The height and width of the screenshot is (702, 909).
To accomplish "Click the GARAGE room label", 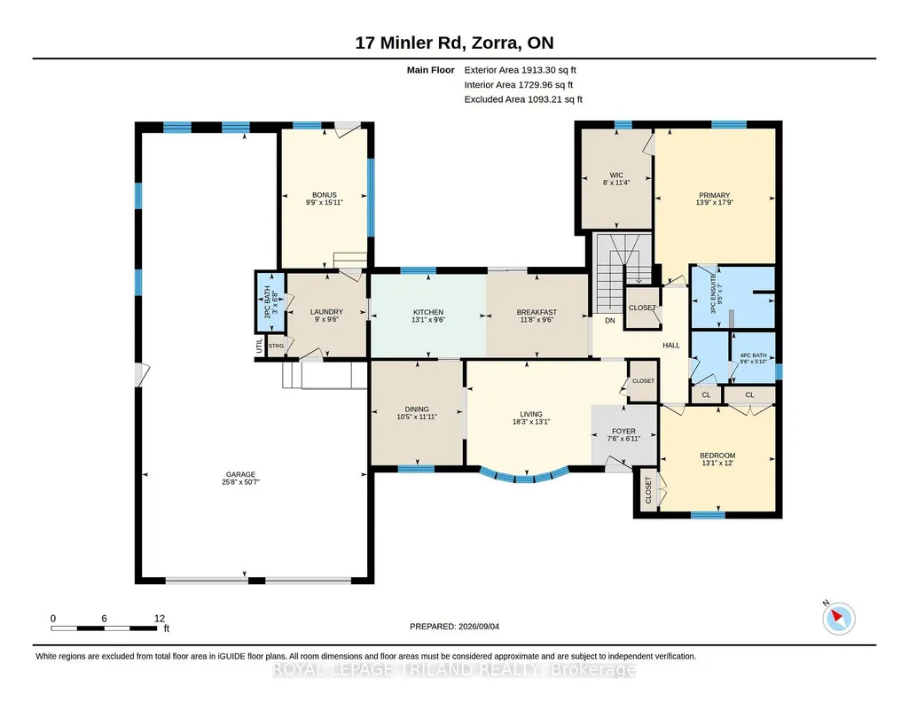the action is pos(240,474).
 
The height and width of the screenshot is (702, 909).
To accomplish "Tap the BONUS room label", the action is pos(324,195).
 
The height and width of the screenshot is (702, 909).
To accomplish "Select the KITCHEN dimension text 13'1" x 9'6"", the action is pos(428,320).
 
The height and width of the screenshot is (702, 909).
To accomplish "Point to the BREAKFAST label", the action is pos(537,312).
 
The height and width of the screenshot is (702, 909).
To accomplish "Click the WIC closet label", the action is pos(616,175).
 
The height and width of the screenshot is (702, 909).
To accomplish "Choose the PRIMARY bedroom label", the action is pos(714,195).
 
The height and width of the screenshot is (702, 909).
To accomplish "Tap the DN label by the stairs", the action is pos(610,320).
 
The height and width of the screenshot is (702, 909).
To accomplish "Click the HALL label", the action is pos(671,345).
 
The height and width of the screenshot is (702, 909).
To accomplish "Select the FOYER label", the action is pos(623,431).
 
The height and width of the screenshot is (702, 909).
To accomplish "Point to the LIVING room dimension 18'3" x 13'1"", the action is pos(531,422).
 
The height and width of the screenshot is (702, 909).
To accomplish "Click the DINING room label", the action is pos(417,409).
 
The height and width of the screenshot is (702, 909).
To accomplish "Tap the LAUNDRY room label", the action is pos(326,312).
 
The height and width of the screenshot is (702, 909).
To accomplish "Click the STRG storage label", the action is pos(276,346).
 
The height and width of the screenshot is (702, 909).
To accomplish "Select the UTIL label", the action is pos(259,346).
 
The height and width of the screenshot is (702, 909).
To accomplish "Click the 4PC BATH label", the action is pos(753,355).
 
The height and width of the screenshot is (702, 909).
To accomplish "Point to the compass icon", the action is pos(838,618).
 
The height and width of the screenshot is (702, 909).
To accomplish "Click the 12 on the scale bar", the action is pos(160,619).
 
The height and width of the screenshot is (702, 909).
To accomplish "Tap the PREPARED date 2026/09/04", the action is pos(479,626).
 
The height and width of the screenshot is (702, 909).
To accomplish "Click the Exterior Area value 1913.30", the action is pos(538,70).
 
